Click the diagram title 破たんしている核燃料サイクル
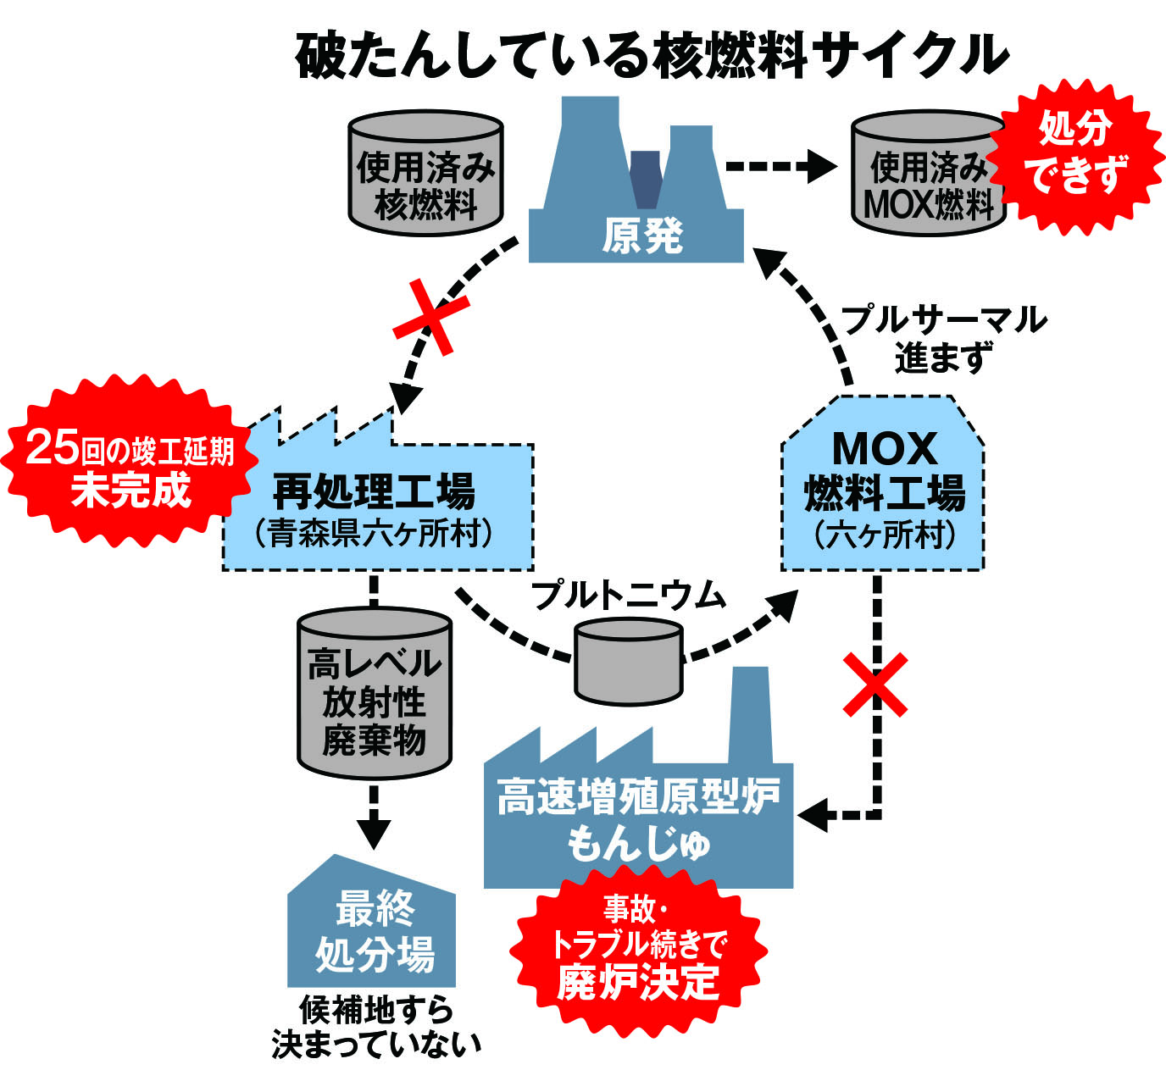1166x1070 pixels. (652, 57)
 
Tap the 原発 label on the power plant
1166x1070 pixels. (641, 236)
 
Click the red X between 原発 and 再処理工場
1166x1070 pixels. (431, 318)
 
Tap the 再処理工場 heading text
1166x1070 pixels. (374, 491)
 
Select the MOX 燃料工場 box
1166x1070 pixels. (883, 487)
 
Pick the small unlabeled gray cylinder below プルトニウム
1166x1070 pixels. (628, 661)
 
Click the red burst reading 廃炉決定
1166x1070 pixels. (637, 949)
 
